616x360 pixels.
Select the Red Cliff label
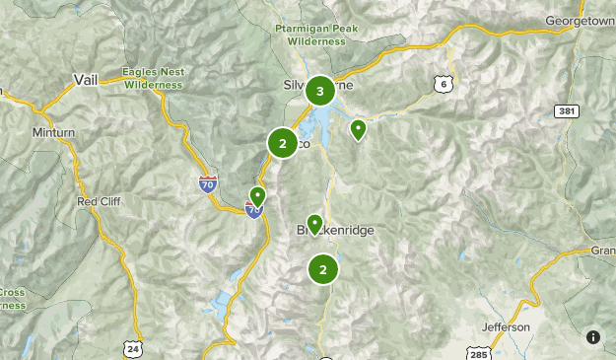click(98, 201)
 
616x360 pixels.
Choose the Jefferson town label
click(507, 326)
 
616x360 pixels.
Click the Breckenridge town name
click(336, 231)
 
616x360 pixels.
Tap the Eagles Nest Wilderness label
click(154, 78)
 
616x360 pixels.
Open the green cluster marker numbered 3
click(318, 92)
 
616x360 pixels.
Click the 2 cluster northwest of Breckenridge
click(283, 144)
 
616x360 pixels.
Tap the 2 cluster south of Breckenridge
click(322, 269)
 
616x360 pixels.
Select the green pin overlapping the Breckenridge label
click(314, 225)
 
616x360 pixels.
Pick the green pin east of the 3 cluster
click(359, 128)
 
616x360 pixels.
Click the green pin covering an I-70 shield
click(257, 197)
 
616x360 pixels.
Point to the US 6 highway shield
click(445, 86)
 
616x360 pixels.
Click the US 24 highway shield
click(131, 348)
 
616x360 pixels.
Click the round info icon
click(592, 337)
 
